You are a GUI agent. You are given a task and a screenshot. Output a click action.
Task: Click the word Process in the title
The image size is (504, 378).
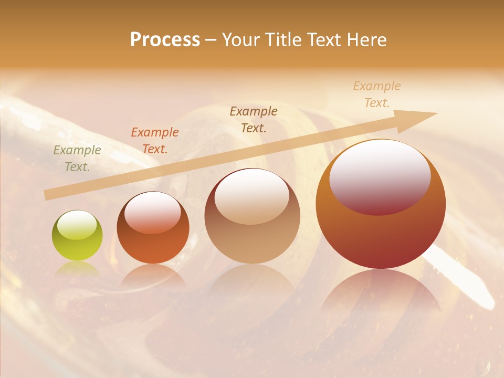165,40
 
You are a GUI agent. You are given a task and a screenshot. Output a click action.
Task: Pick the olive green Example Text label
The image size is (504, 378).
77,158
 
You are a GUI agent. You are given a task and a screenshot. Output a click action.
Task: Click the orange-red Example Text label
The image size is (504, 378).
154,140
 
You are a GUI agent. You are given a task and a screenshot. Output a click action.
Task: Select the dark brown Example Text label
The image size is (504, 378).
254,119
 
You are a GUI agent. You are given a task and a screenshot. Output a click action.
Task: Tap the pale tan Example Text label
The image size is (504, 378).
376,94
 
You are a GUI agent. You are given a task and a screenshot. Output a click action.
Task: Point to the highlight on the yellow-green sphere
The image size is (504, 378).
77,225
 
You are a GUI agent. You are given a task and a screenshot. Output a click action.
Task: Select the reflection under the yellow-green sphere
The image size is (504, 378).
77,269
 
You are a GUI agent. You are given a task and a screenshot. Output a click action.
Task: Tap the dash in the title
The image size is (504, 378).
211,40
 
